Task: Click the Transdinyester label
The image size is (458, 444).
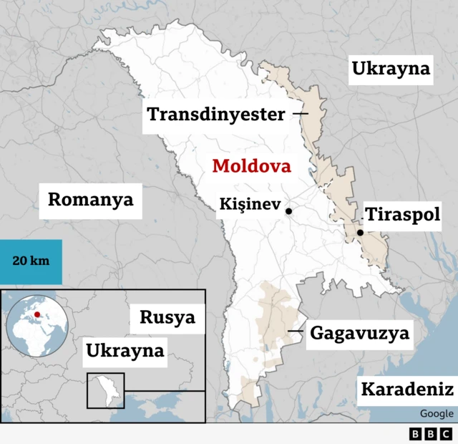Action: click(216, 114)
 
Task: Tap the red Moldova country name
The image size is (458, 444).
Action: click(252, 167)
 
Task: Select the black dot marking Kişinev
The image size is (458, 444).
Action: click(288, 211)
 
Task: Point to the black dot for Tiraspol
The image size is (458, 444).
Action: click(361, 233)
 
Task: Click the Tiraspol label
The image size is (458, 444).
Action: click(402, 215)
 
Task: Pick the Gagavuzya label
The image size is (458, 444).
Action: click(359, 333)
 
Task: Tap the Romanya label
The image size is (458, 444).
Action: click(90, 199)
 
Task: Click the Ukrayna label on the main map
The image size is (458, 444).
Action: click(391, 69)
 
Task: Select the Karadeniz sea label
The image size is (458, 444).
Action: click(406, 390)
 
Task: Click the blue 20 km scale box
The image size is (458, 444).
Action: click(31, 260)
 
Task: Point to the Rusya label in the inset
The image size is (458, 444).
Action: click(167, 317)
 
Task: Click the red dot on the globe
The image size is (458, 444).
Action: click(37, 314)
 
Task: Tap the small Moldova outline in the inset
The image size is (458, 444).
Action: click(105, 391)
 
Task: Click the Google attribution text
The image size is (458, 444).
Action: click(436, 413)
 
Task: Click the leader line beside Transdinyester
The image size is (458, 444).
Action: click(301, 114)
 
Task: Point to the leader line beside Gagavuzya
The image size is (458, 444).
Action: click(295, 331)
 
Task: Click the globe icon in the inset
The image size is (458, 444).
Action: click(37, 324)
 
